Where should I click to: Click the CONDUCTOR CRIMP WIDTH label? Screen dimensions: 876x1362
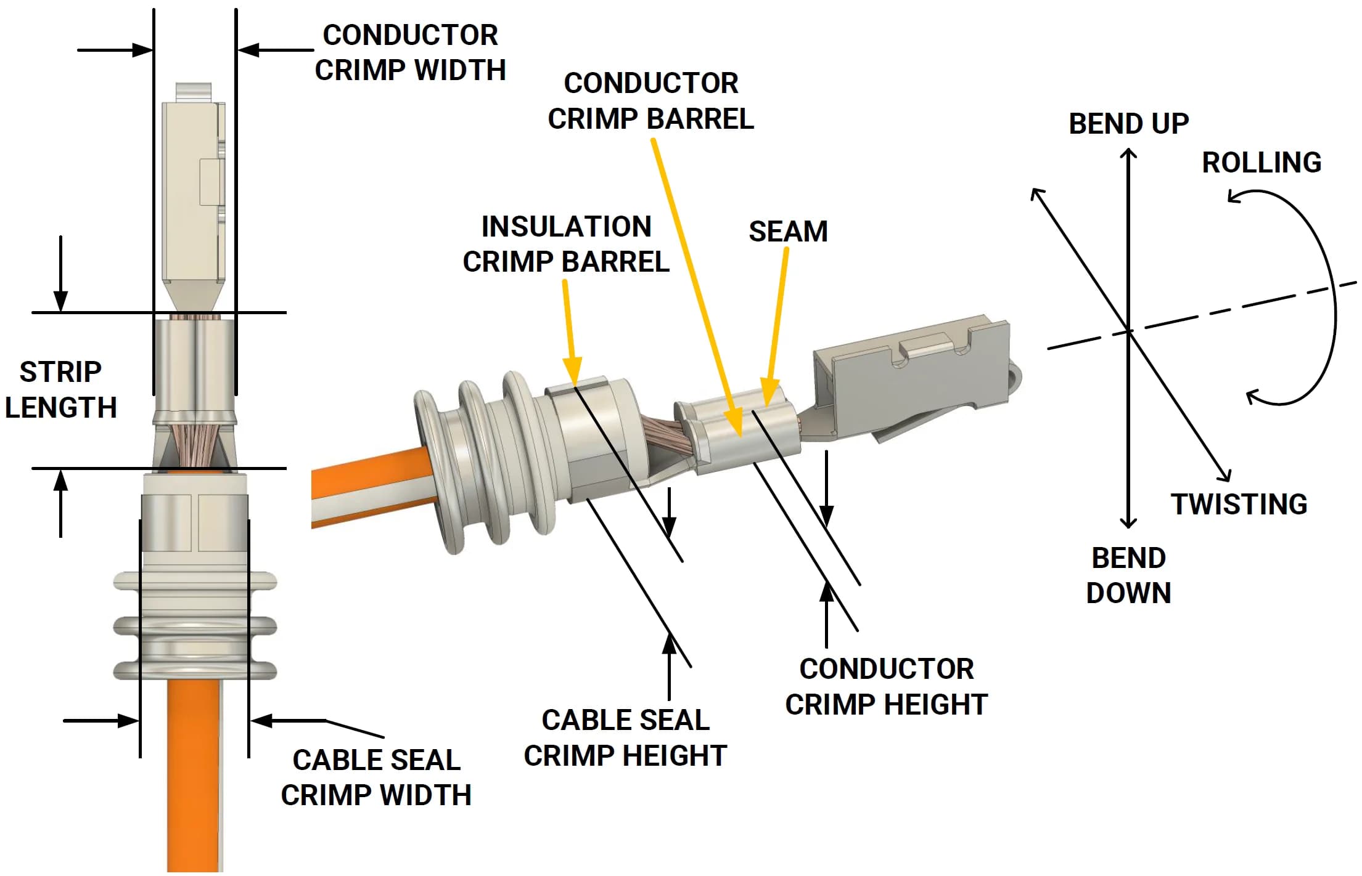[410, 52]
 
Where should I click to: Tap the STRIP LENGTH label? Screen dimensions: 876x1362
[60, 389]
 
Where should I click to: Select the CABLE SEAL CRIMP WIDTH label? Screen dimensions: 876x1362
[376, 777]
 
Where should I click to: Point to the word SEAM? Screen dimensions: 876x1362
[787, 232]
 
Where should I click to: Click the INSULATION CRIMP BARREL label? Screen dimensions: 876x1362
[565, 244]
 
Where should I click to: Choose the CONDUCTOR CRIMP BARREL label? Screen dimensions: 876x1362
[650, 100]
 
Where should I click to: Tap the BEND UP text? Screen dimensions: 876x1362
[1128, 124]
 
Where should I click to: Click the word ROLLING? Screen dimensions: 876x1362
[1261, 163]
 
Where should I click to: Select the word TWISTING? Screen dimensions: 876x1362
[1239, 504]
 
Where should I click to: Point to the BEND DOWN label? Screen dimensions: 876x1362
[1128, 575]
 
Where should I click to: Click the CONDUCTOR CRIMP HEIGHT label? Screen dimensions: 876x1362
[886, 686]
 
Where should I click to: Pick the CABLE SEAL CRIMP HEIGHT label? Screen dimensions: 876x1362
[625, 737]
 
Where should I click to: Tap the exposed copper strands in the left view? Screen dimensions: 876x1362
[194, 442]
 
